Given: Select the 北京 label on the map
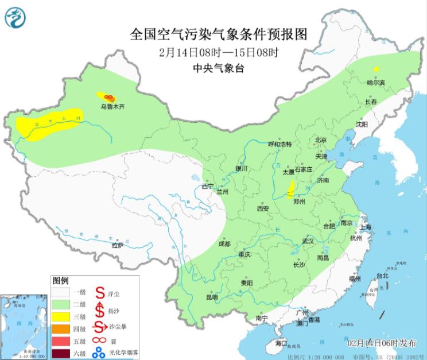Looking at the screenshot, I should pos(320,140).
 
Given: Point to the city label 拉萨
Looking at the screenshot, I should pos(117,245).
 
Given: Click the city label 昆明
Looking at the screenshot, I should pos(212,297).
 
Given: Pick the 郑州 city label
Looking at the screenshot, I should pos(300,202).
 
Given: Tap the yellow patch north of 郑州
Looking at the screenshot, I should pos(291,188).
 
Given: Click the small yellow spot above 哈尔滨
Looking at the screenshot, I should pos(376,69).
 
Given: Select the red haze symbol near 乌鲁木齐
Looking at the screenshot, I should pos(108,99).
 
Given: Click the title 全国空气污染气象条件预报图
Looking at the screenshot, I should pos(219,34).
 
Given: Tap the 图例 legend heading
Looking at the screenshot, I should pos(60,281).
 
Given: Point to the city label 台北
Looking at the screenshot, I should pos(382,276).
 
